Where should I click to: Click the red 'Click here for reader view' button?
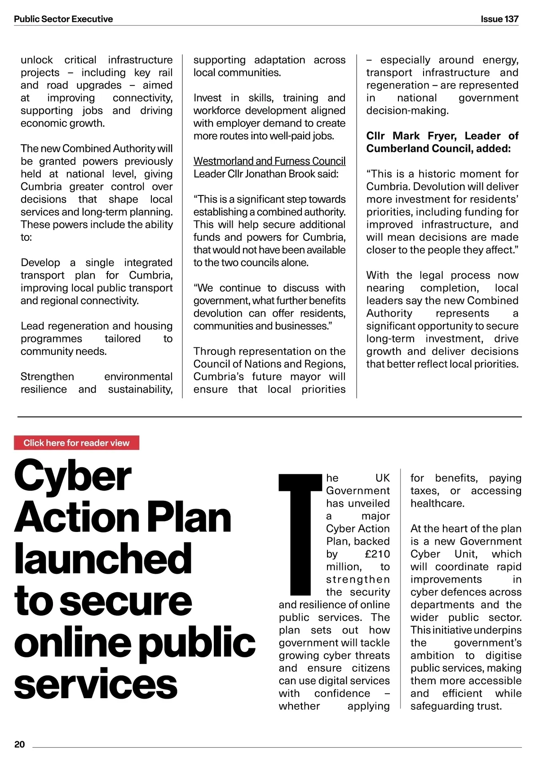76,443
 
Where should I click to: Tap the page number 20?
20,744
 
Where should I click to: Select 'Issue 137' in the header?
499,19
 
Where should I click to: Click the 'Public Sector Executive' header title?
63,19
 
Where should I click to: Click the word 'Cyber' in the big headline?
73,476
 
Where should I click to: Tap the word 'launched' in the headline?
103,559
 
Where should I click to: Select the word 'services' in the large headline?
96,684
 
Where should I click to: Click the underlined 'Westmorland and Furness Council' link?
269,161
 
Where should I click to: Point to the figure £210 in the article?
377,554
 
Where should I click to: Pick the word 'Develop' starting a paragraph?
40,262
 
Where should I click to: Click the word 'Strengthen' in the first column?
47,377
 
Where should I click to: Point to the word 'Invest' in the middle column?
208,98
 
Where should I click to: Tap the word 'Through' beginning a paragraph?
213,351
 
